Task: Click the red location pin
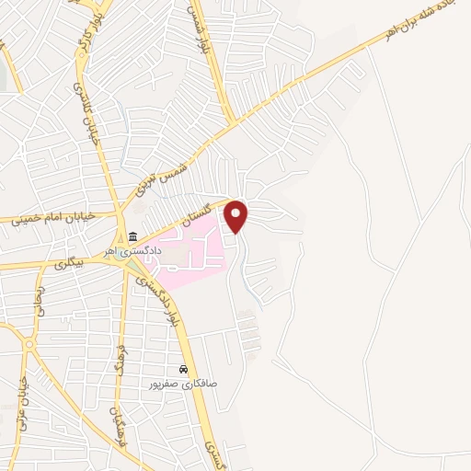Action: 237,216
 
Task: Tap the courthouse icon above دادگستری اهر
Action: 133,236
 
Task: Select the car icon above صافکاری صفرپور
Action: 184,369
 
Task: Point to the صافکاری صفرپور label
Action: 184,383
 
